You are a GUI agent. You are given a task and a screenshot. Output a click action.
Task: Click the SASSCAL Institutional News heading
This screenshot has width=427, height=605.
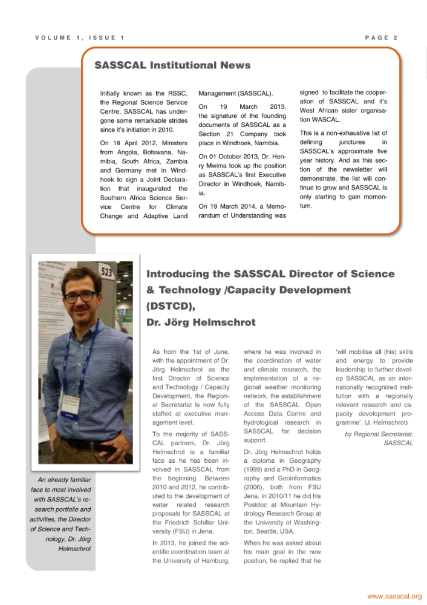(x=172, y=65)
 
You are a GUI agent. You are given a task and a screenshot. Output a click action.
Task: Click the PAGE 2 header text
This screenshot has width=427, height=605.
(x=381, y=38)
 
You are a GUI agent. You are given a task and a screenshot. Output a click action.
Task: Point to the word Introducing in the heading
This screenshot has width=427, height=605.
(x=183, y=273)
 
